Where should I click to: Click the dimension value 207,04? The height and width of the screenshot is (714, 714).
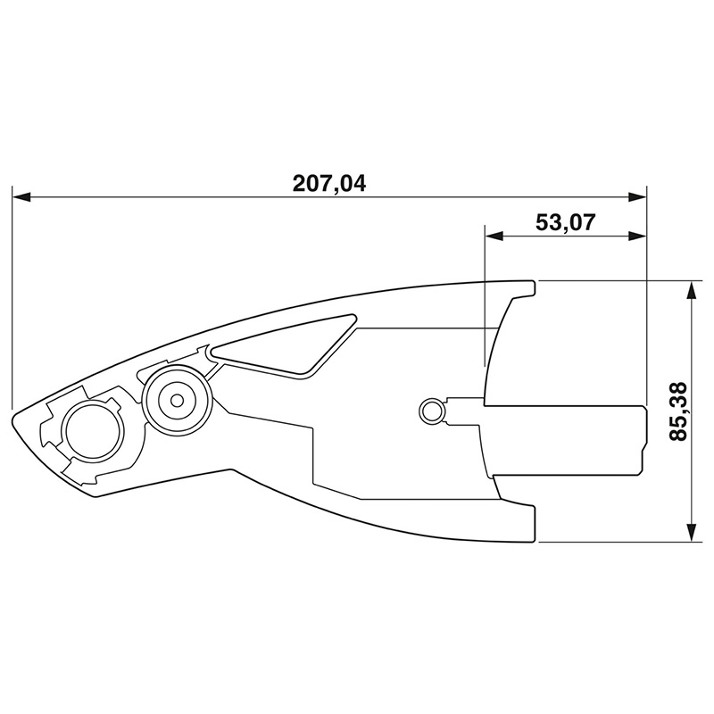[328, 183]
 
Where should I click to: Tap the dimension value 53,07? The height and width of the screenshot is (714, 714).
[565, 222]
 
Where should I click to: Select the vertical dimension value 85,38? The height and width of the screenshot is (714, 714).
[678, 411]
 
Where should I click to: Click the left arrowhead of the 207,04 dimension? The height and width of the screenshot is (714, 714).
[21, 196]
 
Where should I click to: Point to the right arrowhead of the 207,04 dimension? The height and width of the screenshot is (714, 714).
[637, 196]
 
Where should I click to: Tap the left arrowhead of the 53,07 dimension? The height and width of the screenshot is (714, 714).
[494, 236]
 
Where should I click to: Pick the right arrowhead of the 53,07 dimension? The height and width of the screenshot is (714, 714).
[637, 236]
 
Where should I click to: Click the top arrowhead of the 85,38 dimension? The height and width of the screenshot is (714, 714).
[692, 290]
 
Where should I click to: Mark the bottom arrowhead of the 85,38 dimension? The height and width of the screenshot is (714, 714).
[692, 532]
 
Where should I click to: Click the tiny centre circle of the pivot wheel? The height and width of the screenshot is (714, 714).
[177, 401]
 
